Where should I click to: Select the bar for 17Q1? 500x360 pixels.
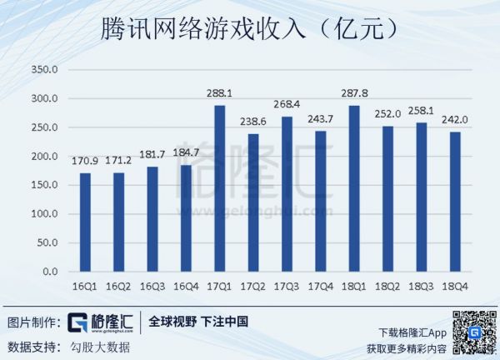220,188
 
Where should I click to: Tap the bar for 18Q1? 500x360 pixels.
353,188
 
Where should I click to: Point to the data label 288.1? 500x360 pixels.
220,95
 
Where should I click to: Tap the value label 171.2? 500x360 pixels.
119,162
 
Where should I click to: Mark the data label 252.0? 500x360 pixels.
387,115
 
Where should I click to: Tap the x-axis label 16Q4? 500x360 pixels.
186,287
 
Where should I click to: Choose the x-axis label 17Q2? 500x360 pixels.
253,287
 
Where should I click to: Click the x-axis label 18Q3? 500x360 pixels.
420,287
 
